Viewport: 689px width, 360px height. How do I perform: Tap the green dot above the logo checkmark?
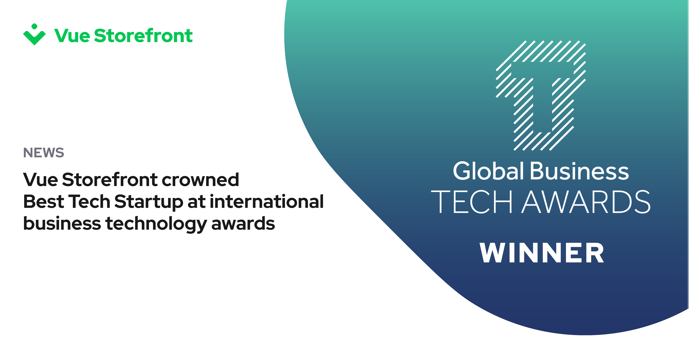[x=34, y=26]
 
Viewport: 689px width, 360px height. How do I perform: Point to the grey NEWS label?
[x=44, y=153]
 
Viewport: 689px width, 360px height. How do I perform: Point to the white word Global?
[x=488, y=171]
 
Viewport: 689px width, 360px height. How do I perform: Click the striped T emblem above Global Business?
[x=541, y=95]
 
